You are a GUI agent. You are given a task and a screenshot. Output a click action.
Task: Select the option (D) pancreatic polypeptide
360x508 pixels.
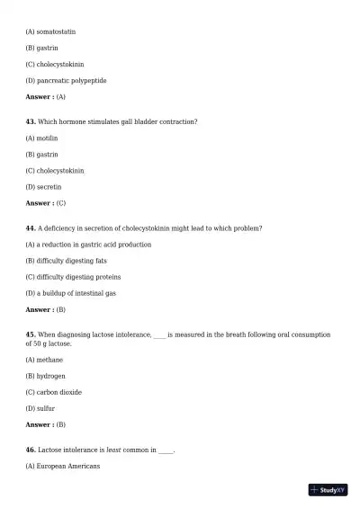click(x=66, y=81)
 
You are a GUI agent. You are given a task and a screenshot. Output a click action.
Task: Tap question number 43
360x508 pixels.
click(x=31, y=121)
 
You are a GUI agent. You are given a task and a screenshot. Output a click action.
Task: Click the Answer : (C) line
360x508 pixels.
click(x=46, y=203)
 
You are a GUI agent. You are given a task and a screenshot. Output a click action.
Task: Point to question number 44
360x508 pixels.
click(x=31, y=228)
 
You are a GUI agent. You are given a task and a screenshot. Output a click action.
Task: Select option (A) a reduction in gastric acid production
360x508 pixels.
click(x=88, y=245)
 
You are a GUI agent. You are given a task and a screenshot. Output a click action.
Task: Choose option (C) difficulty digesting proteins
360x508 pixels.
click(x=73, y=277)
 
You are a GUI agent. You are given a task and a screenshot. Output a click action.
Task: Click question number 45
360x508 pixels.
click(x=31, y=334)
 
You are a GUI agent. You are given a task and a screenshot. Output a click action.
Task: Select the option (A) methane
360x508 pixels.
click(x=44, y=360)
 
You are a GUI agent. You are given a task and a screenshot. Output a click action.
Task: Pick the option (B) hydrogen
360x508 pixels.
click(x=45, y=376)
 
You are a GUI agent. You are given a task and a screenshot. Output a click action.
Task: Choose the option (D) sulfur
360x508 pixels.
click(x=40, y=408)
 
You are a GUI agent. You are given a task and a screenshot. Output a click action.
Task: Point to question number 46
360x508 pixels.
click(x=31, y=450)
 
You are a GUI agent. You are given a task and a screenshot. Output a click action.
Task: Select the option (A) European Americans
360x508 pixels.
click(x=63, y=466)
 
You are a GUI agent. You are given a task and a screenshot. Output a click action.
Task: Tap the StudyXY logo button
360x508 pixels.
click(x=328, y=490)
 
